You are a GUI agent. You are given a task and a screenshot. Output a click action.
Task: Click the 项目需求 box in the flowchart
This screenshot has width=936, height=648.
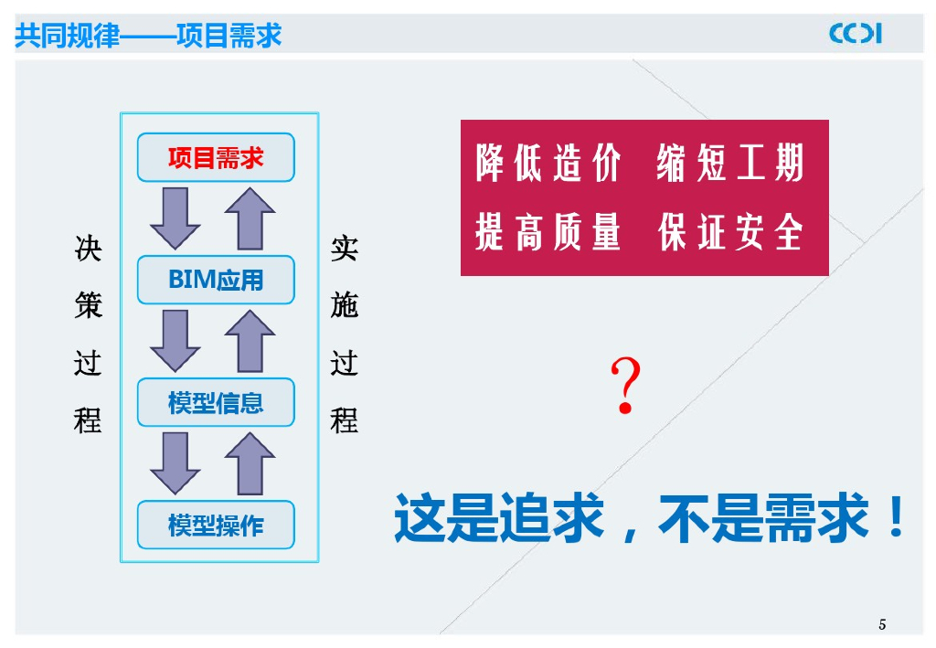216,157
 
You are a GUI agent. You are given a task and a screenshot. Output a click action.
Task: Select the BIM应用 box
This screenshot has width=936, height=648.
216,280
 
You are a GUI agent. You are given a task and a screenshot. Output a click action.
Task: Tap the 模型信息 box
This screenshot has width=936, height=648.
216,402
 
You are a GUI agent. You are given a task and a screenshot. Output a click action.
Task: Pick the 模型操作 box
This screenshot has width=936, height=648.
216,525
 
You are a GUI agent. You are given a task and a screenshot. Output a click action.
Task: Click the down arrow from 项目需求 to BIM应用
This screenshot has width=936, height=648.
175,218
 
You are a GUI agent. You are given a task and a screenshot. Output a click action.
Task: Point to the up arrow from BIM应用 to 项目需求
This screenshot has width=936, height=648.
250,218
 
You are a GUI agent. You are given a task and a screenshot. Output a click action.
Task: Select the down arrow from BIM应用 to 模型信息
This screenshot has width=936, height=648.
175,340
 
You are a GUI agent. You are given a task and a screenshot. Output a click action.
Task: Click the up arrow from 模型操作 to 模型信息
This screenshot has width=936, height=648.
250,463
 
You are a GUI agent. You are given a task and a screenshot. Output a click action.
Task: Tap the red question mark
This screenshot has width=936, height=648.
626,386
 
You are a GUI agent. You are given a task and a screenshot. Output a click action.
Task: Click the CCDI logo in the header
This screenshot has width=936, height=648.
856,34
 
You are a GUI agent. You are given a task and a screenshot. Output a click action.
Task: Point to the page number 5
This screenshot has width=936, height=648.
882,625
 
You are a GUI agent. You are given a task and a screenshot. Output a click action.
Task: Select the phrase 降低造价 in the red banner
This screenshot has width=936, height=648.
548,165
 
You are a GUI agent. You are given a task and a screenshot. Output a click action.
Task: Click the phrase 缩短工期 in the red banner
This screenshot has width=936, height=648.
730,165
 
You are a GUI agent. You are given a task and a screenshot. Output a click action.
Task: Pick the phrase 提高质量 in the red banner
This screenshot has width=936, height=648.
548,233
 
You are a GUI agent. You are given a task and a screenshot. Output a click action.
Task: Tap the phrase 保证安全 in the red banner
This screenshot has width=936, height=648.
730,233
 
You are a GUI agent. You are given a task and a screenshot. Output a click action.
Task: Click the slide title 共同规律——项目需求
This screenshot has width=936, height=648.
149,36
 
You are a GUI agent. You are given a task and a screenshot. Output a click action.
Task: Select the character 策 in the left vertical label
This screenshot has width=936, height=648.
89,305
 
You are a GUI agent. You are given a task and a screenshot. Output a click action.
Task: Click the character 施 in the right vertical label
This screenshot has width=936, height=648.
345,305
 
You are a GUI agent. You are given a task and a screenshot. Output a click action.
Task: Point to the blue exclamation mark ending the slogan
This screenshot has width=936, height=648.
896,517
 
